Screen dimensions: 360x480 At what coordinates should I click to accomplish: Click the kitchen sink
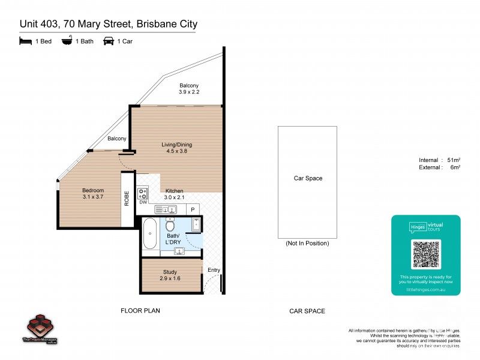[x=166, y=209]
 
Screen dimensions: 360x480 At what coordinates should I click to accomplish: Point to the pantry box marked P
[x=193, y=209]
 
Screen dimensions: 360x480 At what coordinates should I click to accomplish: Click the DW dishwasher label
[x=143, y=203]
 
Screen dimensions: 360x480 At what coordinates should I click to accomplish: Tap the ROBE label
[x=127, y=199]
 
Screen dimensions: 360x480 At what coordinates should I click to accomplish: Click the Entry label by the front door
[x=214, y=270]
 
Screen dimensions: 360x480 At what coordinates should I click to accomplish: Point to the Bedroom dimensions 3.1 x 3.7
[x=93, y=197]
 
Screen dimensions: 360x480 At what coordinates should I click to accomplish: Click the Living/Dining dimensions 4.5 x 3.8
[x=176, y=151]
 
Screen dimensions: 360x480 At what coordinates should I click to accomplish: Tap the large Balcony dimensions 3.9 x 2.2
[x=188, y=92]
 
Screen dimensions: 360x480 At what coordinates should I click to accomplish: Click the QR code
[x=425, y=254]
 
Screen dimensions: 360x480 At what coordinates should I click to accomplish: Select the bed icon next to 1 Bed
[x=25, y=41]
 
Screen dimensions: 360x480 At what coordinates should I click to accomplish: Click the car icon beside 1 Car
[x=109, y=41]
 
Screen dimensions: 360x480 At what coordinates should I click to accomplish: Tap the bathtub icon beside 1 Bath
[x=67, y=41]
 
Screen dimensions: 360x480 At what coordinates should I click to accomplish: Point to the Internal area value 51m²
[x=454, y=160]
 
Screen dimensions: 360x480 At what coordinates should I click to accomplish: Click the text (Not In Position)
[x=307, y=243]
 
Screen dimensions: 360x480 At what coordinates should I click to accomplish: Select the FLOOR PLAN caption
[x=140, y=311]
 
